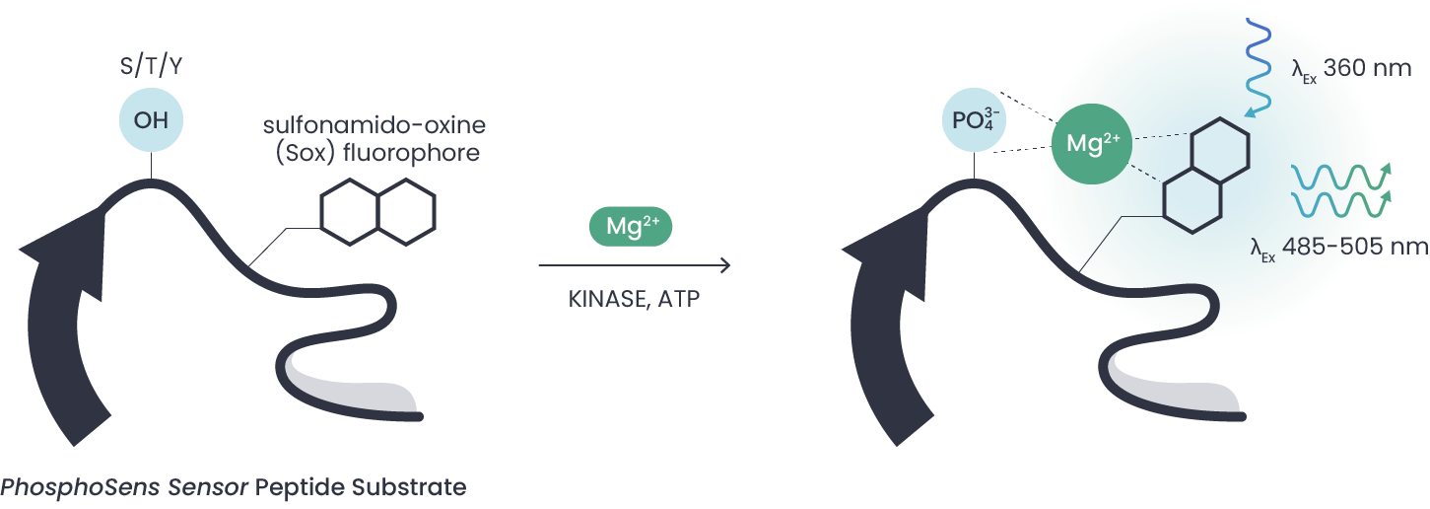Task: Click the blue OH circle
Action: (151, 122)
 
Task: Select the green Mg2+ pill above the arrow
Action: (630, 226)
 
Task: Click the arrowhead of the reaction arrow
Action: (725, 265)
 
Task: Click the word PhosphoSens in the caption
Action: (78, 487)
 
